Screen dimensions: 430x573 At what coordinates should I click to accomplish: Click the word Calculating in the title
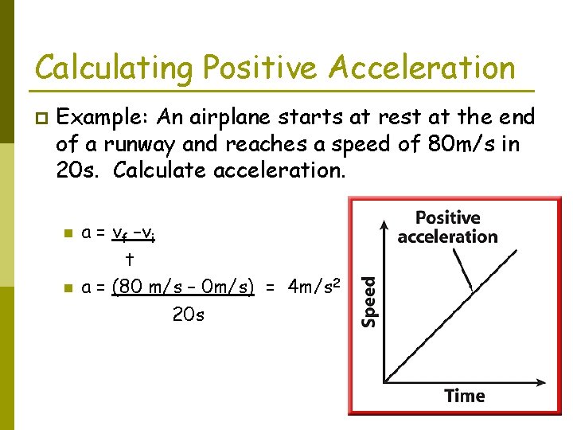[x=111, y=68]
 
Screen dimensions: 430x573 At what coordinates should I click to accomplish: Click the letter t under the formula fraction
[x=129, y=260]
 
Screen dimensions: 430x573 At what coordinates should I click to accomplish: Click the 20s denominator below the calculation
[x=188, y=315]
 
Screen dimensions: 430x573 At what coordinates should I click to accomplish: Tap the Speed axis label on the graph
[x=369, y=301]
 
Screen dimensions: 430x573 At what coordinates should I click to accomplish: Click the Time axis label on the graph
[x=464, y=396]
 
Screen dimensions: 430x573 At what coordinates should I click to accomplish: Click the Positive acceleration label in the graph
[x=447, y=227]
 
